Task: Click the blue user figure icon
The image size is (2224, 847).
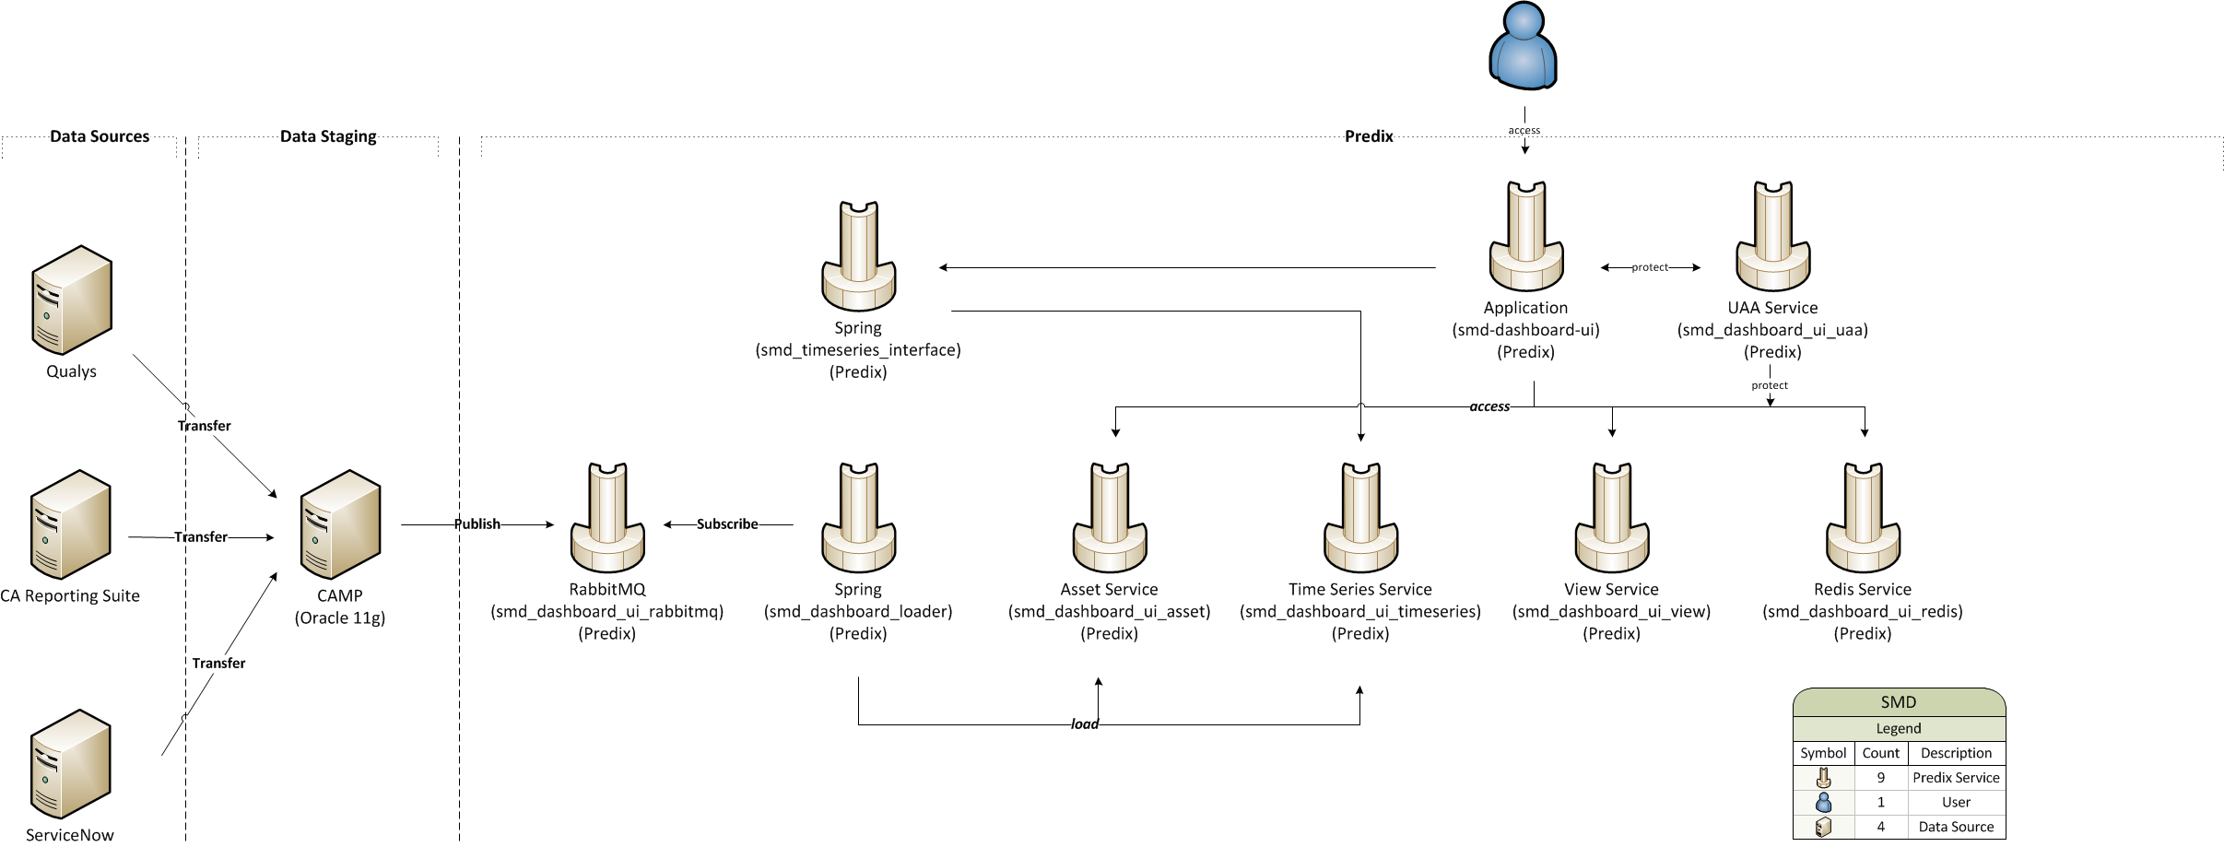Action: [x=1524, y=46]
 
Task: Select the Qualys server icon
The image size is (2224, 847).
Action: [x=72, y=300]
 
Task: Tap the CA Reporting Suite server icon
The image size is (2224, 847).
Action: [x=71, y=524]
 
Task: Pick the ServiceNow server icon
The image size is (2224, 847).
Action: [x=71, y=764]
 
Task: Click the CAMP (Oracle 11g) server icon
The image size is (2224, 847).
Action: [x=340, y=524]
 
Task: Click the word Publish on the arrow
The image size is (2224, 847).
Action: [x=477, y=524]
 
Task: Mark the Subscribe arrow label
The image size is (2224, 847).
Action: [x=727, y=524]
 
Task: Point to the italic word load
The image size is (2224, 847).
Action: [x=1085, y=724]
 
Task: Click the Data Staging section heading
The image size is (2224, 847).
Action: [x=328, y=136]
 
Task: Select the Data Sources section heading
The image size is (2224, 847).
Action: [x=100, y=136]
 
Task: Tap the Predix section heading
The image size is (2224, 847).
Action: [x=1369, y=136]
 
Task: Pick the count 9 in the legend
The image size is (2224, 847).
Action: [x=1880, y=778]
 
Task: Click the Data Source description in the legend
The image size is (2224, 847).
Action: [x=1956, y=827]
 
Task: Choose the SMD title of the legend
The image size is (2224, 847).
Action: [x=1899, y=702]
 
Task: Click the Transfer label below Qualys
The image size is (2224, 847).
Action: [x=205, y=426]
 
